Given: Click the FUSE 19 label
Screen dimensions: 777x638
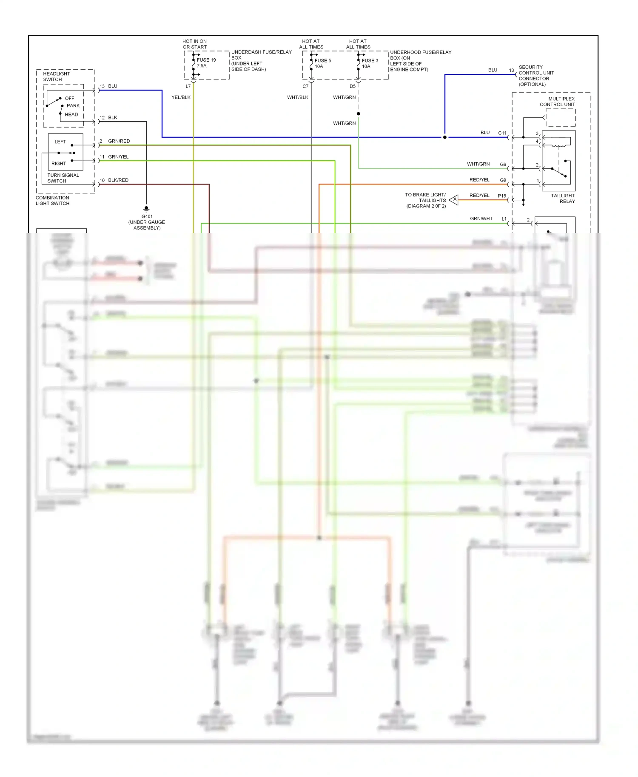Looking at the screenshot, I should pyautogui.click(x=206, y=60).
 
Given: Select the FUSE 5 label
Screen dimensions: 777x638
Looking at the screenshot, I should pyautogui.click(x=323, y=61).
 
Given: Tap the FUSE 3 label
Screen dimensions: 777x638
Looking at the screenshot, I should pyautogui.click(x=370, y=61).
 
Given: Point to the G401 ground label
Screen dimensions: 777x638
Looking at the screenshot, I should pyautogui.click(x=147, y=216).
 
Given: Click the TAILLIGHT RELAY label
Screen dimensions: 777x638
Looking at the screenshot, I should pyautogui.click(x=563, y=199).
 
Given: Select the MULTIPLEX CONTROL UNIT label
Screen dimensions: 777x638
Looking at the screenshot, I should pyautogui.click(x=557, y=102).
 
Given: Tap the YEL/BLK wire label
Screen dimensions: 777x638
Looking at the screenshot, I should pyautogui.click(x=181, y=97).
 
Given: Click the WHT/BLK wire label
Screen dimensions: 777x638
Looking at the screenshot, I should pyautogui.click(x=298, y=97).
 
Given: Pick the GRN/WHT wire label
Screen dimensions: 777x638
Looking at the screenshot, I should pyautogui.click(x=481, y=218).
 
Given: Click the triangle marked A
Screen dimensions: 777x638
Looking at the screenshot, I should pyautogui.click(x=454, y=199).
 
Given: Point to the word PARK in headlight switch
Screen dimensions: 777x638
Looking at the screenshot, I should pyautogui.click(x=73, y=106).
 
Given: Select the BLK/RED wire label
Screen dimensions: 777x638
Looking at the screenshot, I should pyautogui.click(x=118, y=180).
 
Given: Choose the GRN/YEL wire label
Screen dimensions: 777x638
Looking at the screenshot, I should pyautogui.click(x=118, y=157).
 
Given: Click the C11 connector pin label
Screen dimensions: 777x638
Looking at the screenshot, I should pyautogui.click(x=502, y=133).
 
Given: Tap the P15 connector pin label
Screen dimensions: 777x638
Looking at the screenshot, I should pyautogui.click(x=502, y=196).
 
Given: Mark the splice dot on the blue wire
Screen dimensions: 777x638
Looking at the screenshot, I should pyautogui.click(x=445, y=137).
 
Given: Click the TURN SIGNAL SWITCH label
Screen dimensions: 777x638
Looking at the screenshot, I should pyautogui.click(x=63, y=178).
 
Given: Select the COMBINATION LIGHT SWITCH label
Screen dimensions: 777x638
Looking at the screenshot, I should pyautogui.click(x=53, y=201).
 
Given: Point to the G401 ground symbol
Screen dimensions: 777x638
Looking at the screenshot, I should pyautogui.click(x=146, y=209).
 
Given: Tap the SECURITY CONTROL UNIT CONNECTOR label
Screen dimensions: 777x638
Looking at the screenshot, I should pyautogui.click(x=536, y=76).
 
